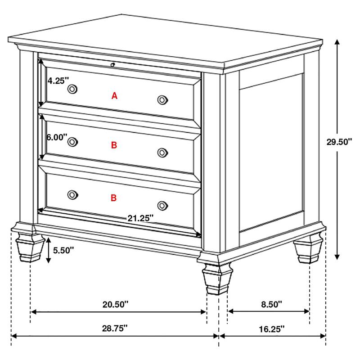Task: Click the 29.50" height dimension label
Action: tap(339, 142)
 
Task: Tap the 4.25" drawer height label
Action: tap(58, 81)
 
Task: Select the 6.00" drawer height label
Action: tap(57, 137)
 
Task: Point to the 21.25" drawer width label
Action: tap(140, 218)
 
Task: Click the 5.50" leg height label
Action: tap(63, 250)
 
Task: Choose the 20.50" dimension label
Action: tap(115, 305)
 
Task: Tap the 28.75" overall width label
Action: tap(115, 328)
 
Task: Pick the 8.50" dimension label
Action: tap(271, 304)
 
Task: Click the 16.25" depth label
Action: tap(272, 329)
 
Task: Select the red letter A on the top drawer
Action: tap(114, 95)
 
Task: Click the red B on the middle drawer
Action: tap(114, 145)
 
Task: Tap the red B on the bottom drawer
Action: tap(114, 198)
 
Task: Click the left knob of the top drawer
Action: tap(72, 89)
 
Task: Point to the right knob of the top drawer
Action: tap(162, 99)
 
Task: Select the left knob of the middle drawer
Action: tap(72, 142)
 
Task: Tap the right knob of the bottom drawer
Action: tap(162, 206)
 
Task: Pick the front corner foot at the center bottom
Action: tap(217, 279)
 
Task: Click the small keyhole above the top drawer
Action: tap(112, 65)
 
